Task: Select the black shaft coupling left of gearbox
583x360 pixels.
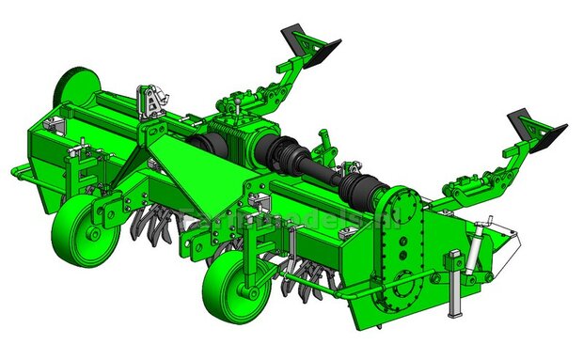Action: [201, 147]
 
